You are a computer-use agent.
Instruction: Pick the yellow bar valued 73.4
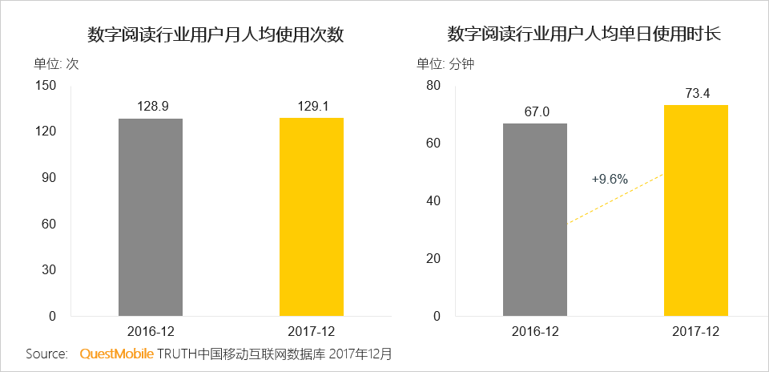pyautogui.click(x=696, y=210)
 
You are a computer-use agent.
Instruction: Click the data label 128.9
pyautogui.click(x=151, y=105)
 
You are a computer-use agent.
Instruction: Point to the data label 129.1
pyautogui.click(x=311, y=105)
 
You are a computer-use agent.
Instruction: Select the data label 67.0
pyautogui.click(x=536, y=111)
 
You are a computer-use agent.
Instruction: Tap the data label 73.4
pyautogui.click(x=697, y=93)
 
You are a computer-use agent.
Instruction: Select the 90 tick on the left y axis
pyautogui.click(x=47, y=178)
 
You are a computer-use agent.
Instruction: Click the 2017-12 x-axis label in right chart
pyautogui.click(x=696, y=331)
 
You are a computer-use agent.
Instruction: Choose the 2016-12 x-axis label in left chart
pyautogui.click(x=151, y=331)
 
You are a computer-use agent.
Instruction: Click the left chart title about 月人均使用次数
pyautogui.click(x=215, y=35)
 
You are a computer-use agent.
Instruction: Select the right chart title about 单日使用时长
pyautogui.click(x=584, y=35)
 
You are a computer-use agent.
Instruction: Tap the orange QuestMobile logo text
pyautogui.click(x=117, y=354)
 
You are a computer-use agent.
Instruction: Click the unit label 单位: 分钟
pyautogui.click(x=445, y=64)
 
